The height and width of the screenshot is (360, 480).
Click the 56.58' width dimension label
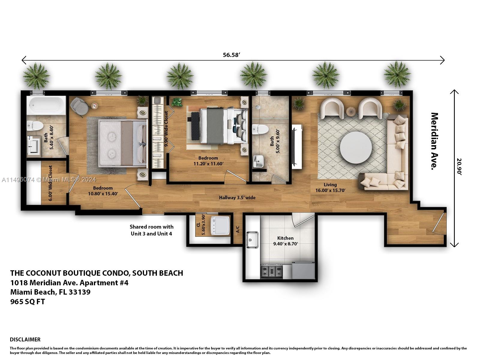(232, 55)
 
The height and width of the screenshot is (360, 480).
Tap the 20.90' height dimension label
(459, 166)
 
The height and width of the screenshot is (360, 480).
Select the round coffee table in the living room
(356, 147)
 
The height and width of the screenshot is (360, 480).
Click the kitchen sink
(252, 240)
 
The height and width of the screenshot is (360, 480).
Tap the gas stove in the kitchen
(271, 271)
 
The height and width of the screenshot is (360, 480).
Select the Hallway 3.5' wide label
(237, 198)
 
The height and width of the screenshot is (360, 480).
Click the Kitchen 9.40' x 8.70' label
(285, 241)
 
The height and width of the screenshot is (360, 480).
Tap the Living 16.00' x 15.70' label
(330, 187)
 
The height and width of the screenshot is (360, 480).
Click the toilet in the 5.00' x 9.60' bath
(260, 130)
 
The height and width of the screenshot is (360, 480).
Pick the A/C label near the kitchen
(238, 229)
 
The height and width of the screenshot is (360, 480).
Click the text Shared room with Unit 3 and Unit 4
(151, 230)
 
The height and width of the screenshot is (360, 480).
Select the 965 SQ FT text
(28, 302)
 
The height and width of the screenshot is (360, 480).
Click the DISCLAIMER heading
(25, 340)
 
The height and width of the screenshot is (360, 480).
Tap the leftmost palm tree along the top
(36, 76)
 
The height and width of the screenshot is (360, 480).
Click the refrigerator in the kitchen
(303, 270)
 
